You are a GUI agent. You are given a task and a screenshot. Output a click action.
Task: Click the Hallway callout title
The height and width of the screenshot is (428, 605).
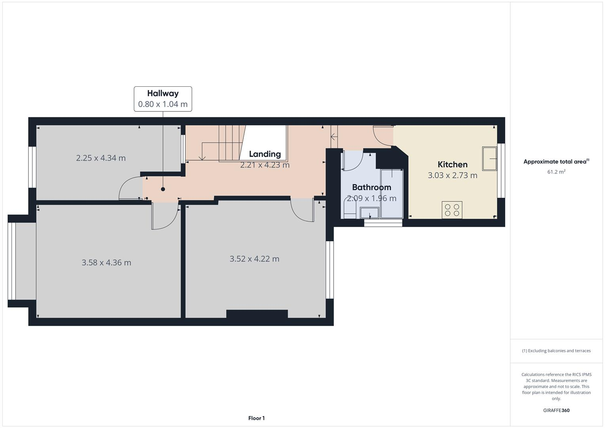pos(163,94)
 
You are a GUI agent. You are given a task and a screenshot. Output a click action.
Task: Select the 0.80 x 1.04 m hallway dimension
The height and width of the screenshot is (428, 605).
pos(163,105)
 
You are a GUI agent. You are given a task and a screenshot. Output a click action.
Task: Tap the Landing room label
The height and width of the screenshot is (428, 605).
pos(265,154)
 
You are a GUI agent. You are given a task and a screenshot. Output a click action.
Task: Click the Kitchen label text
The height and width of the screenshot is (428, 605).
pos(452,164)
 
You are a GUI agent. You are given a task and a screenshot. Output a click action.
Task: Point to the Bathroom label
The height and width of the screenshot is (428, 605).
pos(371,187)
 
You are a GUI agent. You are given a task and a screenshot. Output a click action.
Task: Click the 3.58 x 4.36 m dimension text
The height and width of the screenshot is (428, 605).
pos(106,263)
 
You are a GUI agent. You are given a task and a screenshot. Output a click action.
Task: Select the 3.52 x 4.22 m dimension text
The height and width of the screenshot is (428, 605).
pos(254,259)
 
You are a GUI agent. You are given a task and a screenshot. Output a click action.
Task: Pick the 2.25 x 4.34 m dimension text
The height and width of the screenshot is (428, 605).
pos(101,158)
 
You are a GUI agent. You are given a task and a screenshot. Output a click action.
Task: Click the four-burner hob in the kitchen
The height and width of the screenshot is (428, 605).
pos(452,210)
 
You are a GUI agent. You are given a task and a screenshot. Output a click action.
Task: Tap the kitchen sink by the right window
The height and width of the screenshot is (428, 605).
pos(490,159)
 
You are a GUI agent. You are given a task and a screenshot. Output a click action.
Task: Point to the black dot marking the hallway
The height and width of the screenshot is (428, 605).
pos(163,189)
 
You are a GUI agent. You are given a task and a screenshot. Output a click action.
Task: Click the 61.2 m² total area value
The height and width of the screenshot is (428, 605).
pos(556,172)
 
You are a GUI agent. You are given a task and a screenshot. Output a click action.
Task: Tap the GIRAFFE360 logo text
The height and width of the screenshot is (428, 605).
pos(556,411)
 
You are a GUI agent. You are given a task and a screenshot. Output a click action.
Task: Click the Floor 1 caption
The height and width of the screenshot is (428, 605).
pos(256,418)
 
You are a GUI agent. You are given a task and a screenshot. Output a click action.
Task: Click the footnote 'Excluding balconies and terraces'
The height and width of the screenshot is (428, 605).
pos(556,351)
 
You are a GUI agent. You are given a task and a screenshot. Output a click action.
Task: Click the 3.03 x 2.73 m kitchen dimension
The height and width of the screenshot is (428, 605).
pos(452,176)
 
